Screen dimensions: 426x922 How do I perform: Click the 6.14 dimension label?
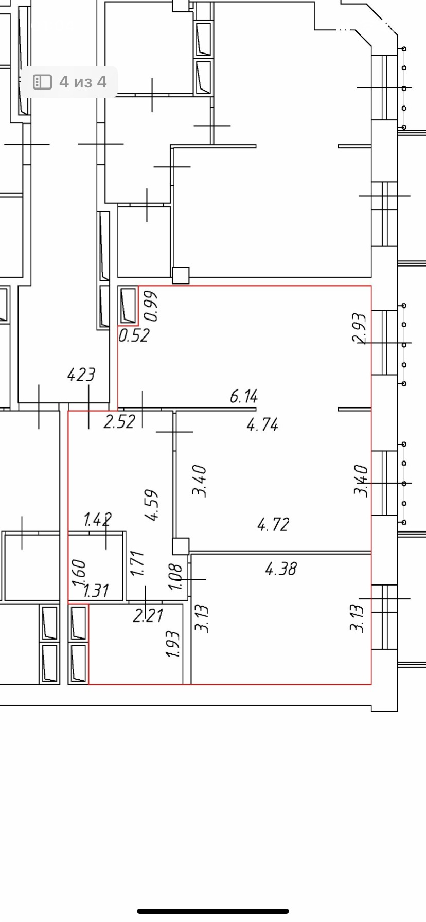coord(244,397)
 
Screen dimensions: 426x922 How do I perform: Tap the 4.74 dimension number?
coord(262,425)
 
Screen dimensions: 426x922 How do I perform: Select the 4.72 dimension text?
coord(273,525)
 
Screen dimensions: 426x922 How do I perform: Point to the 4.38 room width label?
coord(281,569)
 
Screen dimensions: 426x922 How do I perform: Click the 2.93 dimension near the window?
coord(359,328)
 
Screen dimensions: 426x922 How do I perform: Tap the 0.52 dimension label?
coord(134,335)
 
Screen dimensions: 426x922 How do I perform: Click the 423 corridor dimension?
coord(81,375)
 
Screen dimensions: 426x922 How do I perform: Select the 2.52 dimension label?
coord(119,422)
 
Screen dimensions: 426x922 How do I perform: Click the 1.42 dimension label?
coord(97,520)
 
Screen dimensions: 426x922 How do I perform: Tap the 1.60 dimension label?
coord(79,573)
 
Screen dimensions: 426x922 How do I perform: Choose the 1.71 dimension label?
coord(137,564)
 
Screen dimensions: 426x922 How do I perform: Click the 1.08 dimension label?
coord(175,577)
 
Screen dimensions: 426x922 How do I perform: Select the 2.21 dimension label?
coord(148,615)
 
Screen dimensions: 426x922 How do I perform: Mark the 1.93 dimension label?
coord(173,644)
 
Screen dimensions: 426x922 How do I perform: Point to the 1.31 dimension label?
coord(96,591)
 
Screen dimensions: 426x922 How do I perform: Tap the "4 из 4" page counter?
coord(82,82)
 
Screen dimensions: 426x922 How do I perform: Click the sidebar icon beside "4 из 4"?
coord(43,82)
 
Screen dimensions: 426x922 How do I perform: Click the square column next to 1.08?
coord(181,546)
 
